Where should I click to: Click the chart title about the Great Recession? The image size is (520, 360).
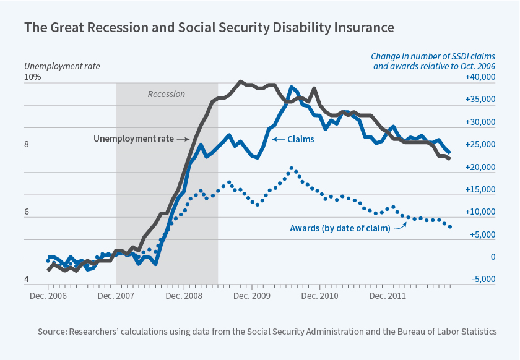tap(209, 28)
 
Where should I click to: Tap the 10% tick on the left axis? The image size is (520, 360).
tap(33, 77)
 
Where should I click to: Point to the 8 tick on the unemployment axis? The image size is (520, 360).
tap(27, 145)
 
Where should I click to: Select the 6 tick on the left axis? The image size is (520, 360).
tap(27, 212)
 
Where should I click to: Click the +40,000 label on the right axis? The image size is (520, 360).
tap(480, 77)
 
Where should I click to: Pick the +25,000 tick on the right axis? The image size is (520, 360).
tap(480, 145)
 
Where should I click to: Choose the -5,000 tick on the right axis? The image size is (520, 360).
tap(482, 280)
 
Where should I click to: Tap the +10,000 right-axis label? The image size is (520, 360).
tap(480, 212)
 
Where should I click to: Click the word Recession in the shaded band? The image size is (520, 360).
tap(166, 94)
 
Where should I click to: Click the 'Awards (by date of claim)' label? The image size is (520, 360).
tap(340, 228)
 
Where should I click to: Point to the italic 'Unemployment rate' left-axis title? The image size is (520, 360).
tap(62, 66)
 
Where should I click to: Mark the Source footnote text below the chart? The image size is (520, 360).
tap(267, 332)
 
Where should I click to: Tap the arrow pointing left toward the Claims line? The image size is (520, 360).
tap(278, 139)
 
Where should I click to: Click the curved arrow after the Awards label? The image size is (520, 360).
tap(399, 225)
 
